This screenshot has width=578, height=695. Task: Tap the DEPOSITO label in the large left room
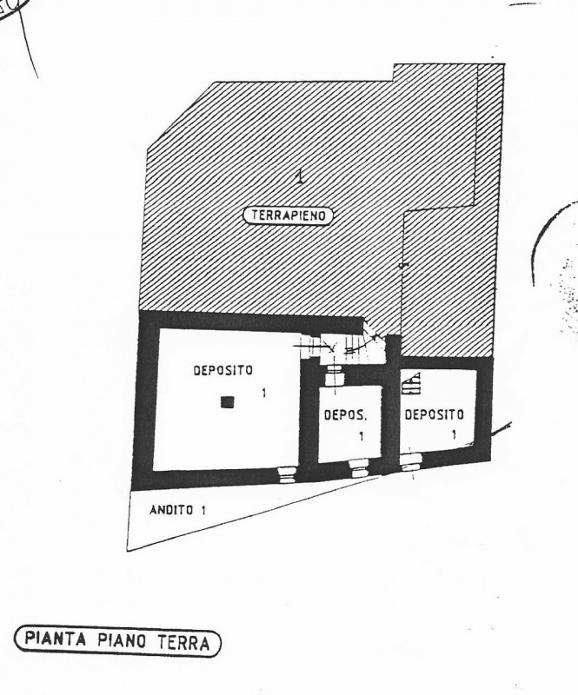(223, 370)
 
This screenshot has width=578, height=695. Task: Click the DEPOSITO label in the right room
(434, 414)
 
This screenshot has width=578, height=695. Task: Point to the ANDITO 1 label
(176, 511)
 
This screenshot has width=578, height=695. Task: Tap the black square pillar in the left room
(227, 402)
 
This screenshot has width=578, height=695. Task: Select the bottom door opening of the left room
(282, 473)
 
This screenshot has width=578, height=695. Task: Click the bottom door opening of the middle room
(355, 469)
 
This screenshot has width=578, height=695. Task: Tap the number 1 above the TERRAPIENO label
(300, 177)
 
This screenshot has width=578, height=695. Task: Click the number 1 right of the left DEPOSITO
(264, 394)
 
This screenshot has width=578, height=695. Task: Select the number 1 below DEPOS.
(362, 436)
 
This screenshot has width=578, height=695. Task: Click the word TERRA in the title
(183, 643)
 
